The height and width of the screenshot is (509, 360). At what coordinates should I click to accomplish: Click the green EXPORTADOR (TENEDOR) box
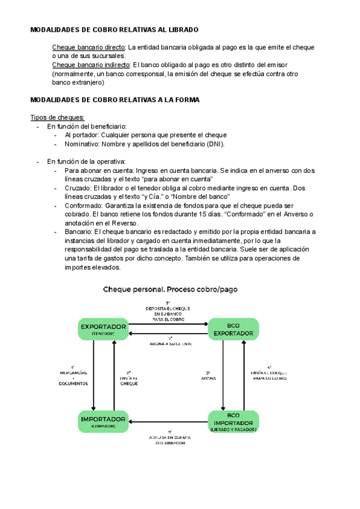point(103,328)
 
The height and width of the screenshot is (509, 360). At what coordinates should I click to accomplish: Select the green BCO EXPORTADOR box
point(233,329)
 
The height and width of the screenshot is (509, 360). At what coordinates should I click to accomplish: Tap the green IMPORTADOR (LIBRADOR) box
point(103,421)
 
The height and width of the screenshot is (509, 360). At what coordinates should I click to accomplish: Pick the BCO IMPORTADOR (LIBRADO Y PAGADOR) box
point(233,421)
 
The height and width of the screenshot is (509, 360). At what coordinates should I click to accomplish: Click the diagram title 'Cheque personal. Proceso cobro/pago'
point(170,289)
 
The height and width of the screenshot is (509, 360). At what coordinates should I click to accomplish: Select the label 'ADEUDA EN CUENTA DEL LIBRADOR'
point(170,439)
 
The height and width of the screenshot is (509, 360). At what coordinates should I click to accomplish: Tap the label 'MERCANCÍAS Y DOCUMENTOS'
point(73,375)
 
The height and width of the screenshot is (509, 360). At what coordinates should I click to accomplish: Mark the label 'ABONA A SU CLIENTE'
point(170,343)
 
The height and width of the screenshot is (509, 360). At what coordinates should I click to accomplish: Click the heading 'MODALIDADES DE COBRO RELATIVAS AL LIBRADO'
point(114,29)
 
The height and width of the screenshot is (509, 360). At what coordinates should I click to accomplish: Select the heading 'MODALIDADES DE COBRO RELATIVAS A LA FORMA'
point(115,100)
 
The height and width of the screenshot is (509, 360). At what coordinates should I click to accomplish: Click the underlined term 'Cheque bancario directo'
point(89,47)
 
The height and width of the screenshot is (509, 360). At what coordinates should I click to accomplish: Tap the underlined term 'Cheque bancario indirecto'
point(91,65)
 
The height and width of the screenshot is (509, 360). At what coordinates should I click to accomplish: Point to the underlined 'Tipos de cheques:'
point(57,118)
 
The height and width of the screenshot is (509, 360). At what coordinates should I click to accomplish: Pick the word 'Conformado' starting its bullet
point(83,206)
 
